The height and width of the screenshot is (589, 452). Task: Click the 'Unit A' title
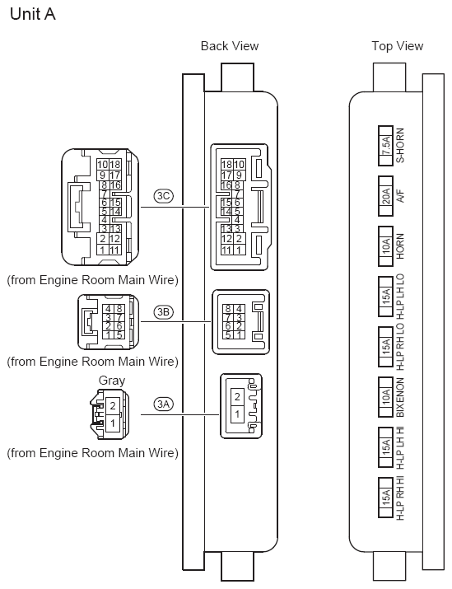[x=33, y=14]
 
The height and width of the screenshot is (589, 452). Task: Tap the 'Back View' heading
[x=230, y=46]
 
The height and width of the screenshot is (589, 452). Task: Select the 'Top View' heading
[x=397, y=46]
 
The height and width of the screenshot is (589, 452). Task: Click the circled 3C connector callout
[x=164, y=196]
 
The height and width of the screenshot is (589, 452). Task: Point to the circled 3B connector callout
[x=164, y=311]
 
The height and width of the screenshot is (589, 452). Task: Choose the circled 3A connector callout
[x=164, y=404]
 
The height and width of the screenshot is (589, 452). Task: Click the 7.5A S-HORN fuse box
[x=385, y=146]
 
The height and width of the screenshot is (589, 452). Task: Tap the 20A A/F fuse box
[x=385, y=196]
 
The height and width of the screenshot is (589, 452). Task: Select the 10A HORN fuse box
[x=385, y=246]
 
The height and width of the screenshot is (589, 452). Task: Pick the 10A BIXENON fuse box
[x=385, y=397]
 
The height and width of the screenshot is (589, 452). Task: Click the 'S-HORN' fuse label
[x=400, y=145]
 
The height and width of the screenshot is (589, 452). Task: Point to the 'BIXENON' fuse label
[x=400, y=397]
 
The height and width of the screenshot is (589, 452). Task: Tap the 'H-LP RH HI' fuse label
[x=400, y=498]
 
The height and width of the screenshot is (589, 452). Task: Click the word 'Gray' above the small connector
[x=111, y=381]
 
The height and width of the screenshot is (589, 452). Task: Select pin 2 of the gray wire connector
[x=113, y=405]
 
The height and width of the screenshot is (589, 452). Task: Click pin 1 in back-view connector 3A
[x=237, y=414]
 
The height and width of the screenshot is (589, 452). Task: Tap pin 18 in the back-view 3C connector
[x=226, y=164]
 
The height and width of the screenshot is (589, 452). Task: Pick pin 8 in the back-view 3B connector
[x=228, y=309]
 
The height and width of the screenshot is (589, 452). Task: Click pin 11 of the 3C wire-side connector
[x=114, y=250]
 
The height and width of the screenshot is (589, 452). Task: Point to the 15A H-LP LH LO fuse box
[x=385, y=297]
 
